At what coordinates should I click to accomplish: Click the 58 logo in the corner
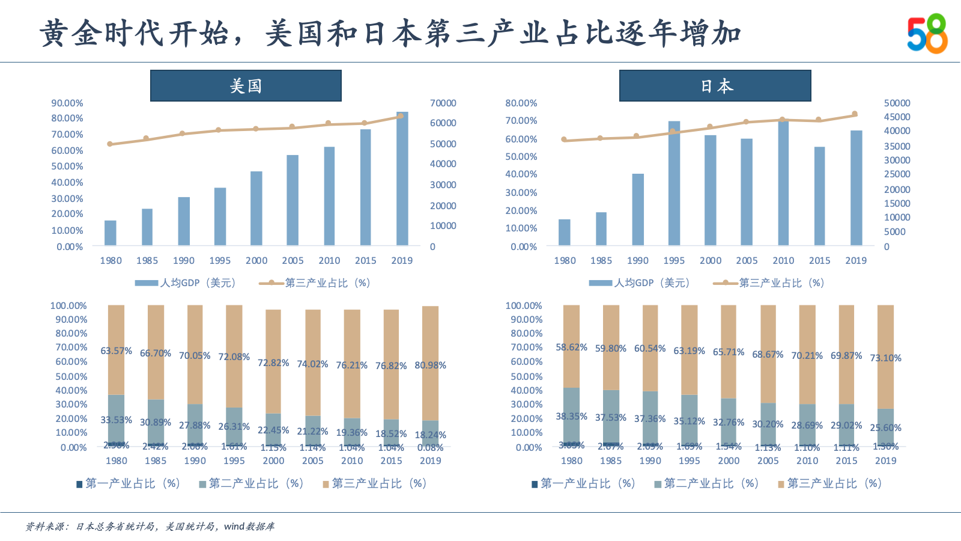click(x=927, y=34)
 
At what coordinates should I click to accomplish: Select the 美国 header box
click(x=246, y=86)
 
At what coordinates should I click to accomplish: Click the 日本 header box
click(x=715, y=86)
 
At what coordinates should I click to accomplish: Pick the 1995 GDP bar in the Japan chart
click(x=674, y=183)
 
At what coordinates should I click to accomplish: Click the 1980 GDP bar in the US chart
click(x=111, y=233)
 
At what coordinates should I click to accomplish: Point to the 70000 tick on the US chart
click(x=443, y=103)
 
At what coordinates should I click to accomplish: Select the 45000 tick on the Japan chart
click(x=897, y=117)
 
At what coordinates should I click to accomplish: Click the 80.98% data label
click(x=430, y=365)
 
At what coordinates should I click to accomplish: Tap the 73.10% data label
click(x=885, y=358)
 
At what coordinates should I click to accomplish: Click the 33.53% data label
click(x=116, y=420)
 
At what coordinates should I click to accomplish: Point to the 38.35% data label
click(x=571, y=417)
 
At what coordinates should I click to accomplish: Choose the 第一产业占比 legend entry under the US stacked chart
click(x=128, y=484)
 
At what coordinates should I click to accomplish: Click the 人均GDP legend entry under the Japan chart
click(x=640, y=283)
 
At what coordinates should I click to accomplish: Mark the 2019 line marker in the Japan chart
click(x=855, y=114)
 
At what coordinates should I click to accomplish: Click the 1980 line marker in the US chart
click(x=110, y=144)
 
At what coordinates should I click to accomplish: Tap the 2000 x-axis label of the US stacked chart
click(x=273, y=461)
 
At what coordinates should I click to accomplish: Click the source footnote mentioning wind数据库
click(x=150, y=527)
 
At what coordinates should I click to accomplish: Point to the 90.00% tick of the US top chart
click(x=67, y=103)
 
